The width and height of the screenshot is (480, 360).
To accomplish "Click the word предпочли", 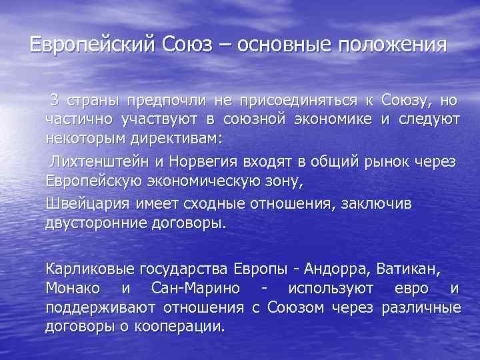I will [x=174, y=101].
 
